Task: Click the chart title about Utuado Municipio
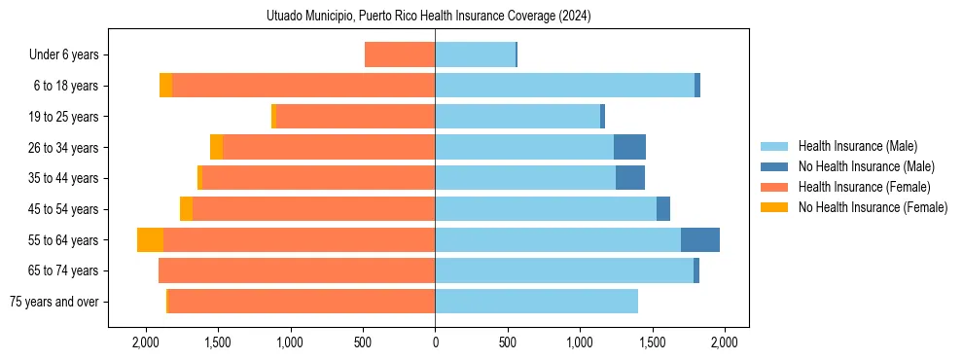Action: pyautogui.click(x=428, y=17)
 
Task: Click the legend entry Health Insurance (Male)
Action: pyautogui.click(x=856, y=146)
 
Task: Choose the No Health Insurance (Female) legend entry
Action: pyautogui.click(x=873, y=207)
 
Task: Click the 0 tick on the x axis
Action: pyautogui.click(x=435, y=342)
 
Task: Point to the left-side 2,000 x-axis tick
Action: pyautogui.click(x=146, y=342)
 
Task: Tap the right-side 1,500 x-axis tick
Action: pyautogui.click(x=652, y=342)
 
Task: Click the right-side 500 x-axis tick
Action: pyautogui.click(x=507, y=342)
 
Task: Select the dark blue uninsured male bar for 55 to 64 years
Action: pyautogui.click(x=700, y=240)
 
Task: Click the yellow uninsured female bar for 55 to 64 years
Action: pyautogui.click(x=150, y=240)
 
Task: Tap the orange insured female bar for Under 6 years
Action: pyautogui.click(x=400, y=55)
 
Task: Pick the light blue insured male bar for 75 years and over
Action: pyautogui.click(x=536, y=302)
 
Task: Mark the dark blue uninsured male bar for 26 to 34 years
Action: pyautogui.click(x=629, y=148)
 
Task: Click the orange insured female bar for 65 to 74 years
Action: pyautogui.click(x=297, y=270)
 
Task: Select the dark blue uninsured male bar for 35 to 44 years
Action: pyautogui.click(x=630, y=178)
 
